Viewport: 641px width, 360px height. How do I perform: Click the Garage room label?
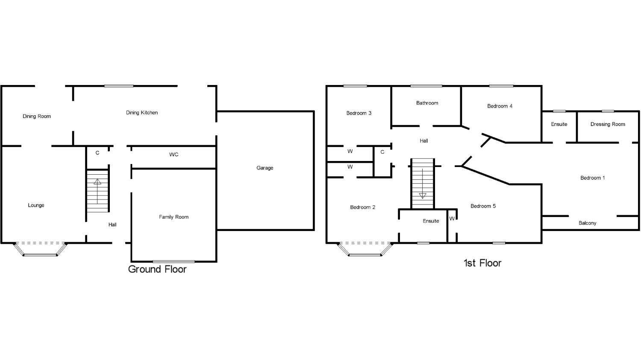pos(265,168)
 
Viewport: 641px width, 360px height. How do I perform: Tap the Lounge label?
pos(36,205)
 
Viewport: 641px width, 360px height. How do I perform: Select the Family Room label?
pos(173,217)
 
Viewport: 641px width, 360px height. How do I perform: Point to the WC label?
pos(173,155)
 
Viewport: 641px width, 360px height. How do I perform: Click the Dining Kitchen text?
pos(142,113)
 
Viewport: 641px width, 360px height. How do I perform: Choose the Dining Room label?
pos(37,116)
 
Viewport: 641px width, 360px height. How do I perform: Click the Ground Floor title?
pos(157,269)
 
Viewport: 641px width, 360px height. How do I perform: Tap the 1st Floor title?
pos(482,263)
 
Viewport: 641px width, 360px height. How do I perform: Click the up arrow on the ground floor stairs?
pos(97,182)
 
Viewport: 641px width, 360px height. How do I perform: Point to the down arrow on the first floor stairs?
pos(423,196)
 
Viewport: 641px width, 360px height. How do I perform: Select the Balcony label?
pos(587,223)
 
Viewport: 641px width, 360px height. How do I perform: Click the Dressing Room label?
pos(608,124)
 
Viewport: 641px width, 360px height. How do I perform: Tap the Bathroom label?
pos(427,103)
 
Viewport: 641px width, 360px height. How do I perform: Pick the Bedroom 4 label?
pos(500,106)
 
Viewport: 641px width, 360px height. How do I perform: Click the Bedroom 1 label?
pos(592,178)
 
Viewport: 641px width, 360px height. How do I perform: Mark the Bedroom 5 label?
pos(483,206)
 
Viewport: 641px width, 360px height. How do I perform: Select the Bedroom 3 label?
pos(359,113)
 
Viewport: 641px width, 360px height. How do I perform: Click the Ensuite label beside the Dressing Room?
pos(559,124)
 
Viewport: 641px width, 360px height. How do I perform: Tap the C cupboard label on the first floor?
pos(382,152)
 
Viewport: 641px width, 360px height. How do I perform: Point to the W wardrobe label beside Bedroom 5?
pos(452,219)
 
